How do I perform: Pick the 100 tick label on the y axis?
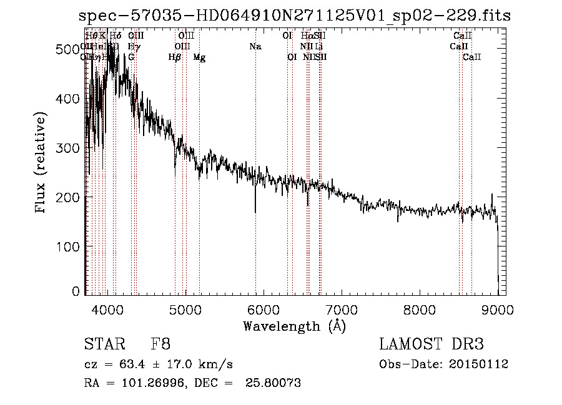(71, 246)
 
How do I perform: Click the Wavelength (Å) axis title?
(294, 326)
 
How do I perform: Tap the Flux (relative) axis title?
(41, 164)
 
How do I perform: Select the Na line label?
(255, 46)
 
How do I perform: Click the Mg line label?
(199, 57)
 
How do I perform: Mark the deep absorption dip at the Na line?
(255, 211)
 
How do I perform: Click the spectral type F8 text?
(160, 344)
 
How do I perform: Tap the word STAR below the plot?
(104, 344)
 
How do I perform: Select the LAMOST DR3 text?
(431, 344)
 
